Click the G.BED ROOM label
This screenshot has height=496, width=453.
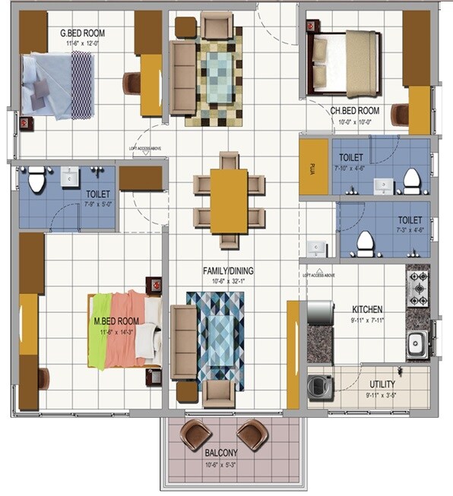[x=83, y=32]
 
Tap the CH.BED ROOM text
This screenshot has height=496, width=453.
[x=354, y=110]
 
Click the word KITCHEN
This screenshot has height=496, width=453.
[x=367, y=309]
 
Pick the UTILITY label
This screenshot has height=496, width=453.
[x=382, y=384]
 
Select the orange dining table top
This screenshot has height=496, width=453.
[x=229, y=201]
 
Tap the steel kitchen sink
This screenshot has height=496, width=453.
[x=416, y=346]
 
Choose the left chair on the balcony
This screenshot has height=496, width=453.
[x=196, y=435]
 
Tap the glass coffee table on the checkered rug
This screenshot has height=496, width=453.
[x=221, y=75]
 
